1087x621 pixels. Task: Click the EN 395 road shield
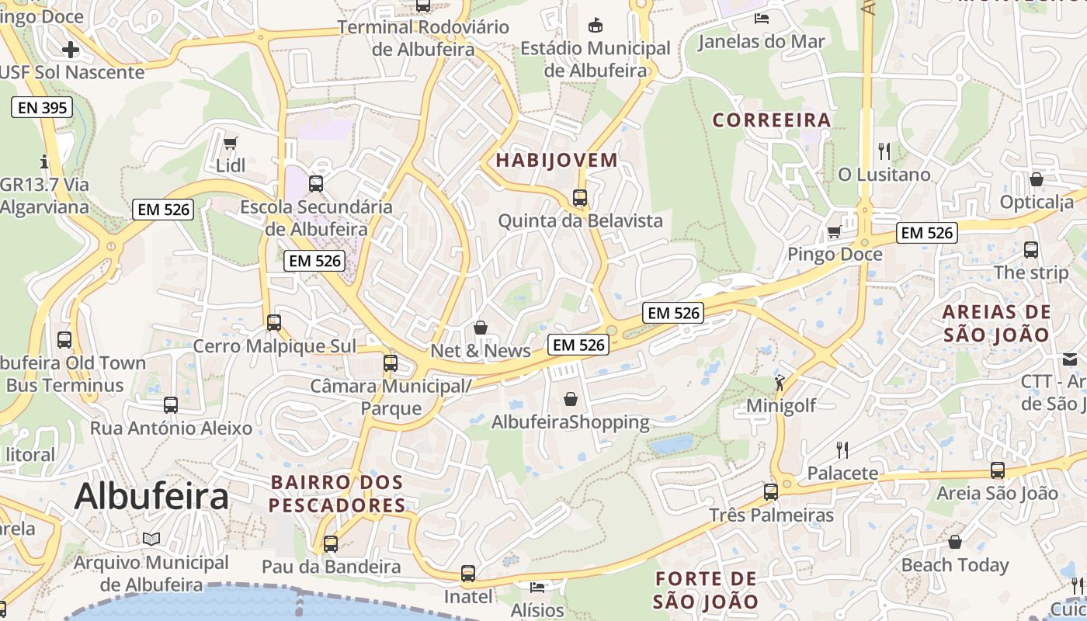click(x=43, y=108)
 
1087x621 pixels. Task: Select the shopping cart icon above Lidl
click(x=230, y=144)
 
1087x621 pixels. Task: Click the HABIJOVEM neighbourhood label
click(x=557, y=161)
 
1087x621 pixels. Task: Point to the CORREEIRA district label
click(x=772, y=120)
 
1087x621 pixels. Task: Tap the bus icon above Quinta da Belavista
click(x=579, y=197)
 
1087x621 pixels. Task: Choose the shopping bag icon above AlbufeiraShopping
click(x=571, y=399)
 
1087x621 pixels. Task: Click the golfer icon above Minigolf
click(x=780, y=382)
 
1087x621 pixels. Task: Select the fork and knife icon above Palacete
click(x=842, y=449)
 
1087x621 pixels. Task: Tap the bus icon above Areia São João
click(x=997, y=470)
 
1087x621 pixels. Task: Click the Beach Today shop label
click(x=955, y=565)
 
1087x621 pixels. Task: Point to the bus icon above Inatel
click(x=467, y=574)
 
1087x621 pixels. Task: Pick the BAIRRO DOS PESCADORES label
click(x=338, y=494)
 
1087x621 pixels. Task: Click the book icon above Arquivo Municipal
click(x=151, y=539)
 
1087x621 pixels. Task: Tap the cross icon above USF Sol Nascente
click(x=71, y=50)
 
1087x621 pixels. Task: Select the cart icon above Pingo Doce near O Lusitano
click(x=834, y=231)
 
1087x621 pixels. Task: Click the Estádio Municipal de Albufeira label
click(x=595, y=59)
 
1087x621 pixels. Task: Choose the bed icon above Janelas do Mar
click(x=761, y=19)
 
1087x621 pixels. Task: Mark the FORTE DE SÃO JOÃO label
click(x=705, y=590)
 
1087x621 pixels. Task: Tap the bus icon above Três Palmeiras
click(x=770, y=491)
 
